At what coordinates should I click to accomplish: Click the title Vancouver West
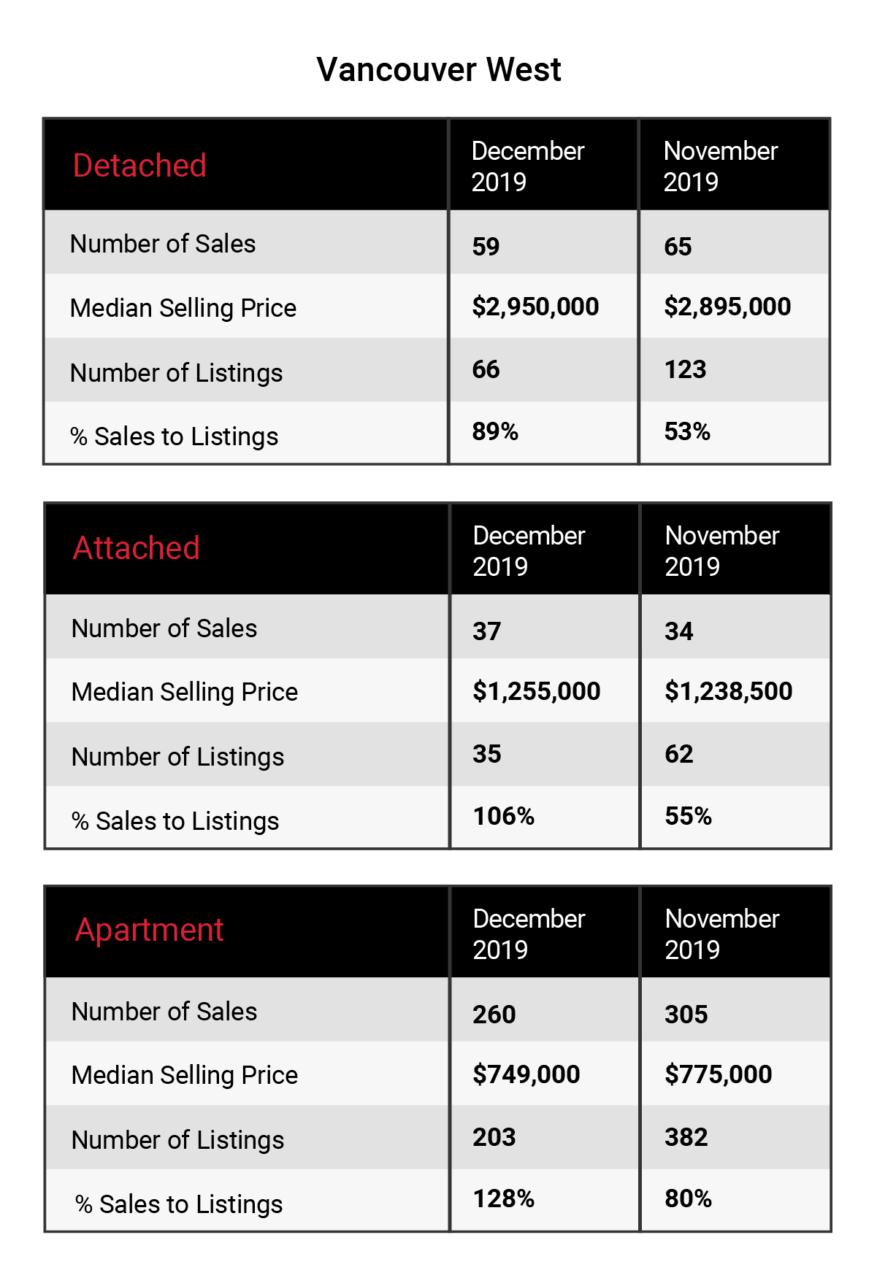(439, 70)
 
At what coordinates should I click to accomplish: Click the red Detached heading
(139, 166)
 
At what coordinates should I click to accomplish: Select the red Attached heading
(137, 548)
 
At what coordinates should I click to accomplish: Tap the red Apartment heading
(149, 931)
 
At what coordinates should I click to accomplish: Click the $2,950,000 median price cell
(535, 307)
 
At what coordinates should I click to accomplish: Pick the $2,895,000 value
(727, 307)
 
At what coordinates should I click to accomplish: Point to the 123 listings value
(685, 369)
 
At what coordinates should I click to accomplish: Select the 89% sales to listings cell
(495, 431)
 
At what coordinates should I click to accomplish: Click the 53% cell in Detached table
(687, 431)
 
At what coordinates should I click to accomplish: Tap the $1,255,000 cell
(537, 691)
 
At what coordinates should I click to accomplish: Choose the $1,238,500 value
(729, 691)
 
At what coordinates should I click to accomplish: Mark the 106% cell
(504, 816)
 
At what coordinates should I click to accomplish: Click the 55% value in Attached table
(689, 816)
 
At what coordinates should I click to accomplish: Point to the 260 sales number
(494, 1015)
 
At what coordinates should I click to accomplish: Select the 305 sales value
(686, 1015)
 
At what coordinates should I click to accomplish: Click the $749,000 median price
(526, 1074)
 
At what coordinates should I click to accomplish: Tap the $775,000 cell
(719, 1074)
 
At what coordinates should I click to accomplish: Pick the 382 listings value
(686, 1137)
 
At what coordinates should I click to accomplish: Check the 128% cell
(504, 1198)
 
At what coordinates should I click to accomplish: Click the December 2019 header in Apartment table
(529, 934)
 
